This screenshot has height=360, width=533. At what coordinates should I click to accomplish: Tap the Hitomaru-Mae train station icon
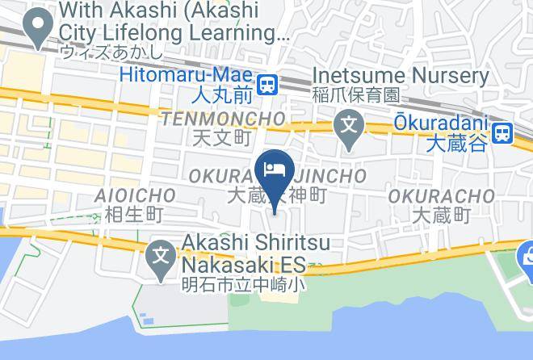coord(268,82)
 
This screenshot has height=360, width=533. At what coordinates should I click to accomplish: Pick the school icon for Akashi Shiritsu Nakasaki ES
coord(162,257)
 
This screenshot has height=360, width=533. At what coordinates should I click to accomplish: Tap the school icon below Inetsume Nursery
coord(348,127)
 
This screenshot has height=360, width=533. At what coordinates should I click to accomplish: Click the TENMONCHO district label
coord(222,119)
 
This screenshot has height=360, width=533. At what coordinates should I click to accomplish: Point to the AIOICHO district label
coord(135,195)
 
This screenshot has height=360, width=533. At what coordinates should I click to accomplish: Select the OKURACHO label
coord(441,196)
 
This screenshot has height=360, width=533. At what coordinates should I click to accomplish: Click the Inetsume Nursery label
coord(401,76)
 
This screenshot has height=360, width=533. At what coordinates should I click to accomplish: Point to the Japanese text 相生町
coord(135,215)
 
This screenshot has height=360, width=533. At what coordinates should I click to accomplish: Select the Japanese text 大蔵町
coord(441,216)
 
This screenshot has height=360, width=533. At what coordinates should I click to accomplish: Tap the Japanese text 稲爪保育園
coord(355,95)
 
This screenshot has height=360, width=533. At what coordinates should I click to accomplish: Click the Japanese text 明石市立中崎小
coord(242,284)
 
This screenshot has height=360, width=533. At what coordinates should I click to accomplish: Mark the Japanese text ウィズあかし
coord(112,52)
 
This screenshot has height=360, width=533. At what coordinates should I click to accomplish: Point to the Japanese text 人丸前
coord(223,94)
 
